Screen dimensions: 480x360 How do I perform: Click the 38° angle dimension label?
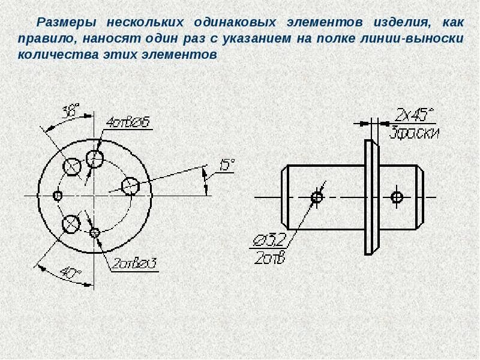[71, 110]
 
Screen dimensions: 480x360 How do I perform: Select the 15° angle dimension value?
[226, 166]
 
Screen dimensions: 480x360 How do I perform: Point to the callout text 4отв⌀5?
[128, 123]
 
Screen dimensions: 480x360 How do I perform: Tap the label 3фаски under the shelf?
[415, 133]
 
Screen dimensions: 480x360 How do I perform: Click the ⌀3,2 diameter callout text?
[269, 241]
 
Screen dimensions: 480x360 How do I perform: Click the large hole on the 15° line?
[130, 186]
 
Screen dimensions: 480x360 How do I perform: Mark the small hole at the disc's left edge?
[58, 196]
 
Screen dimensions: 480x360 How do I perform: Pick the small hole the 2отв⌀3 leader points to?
[95, 232]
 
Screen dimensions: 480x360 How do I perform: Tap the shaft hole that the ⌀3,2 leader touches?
[317, 197]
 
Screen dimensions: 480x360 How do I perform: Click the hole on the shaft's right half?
[397, 197]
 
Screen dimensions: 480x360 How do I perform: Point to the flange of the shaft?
[371, 197]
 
